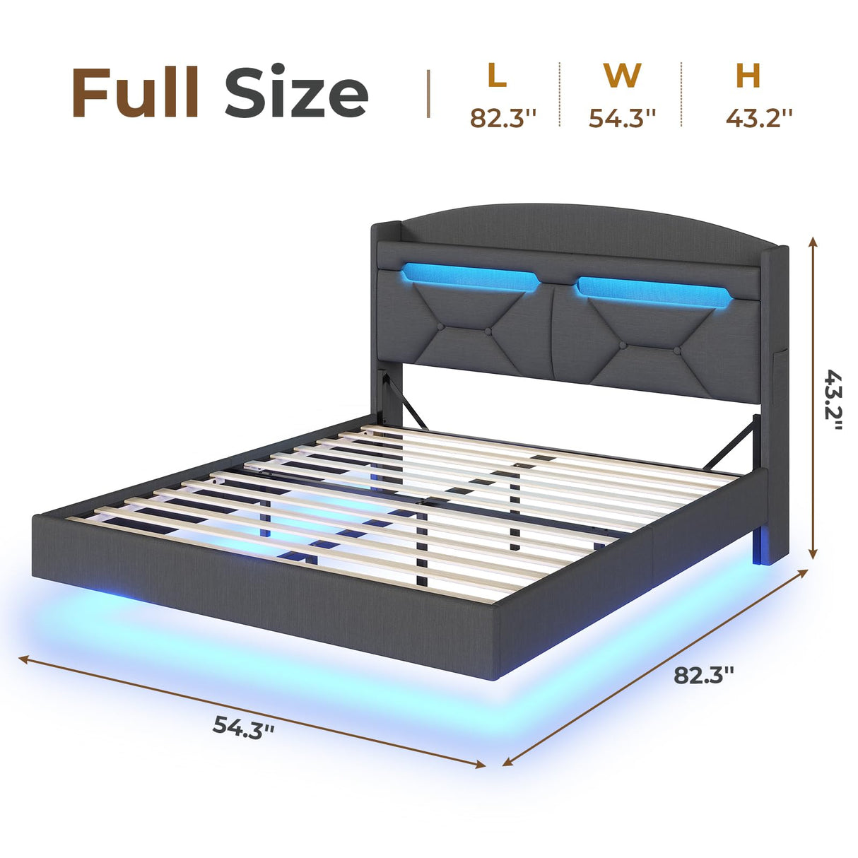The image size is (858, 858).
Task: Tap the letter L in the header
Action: coord(497,76)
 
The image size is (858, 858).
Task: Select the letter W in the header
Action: coord(622,76)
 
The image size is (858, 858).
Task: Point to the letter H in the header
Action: coord(748,76)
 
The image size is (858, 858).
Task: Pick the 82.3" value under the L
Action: coord(504,117)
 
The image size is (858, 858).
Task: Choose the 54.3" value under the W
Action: coord(623,117)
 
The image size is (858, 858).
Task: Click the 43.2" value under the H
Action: coord(758,117)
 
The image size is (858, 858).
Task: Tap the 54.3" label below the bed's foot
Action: coord(243,726)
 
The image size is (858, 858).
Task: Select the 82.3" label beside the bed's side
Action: coord(703,674)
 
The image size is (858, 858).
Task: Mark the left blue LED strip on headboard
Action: coord(469,276)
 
